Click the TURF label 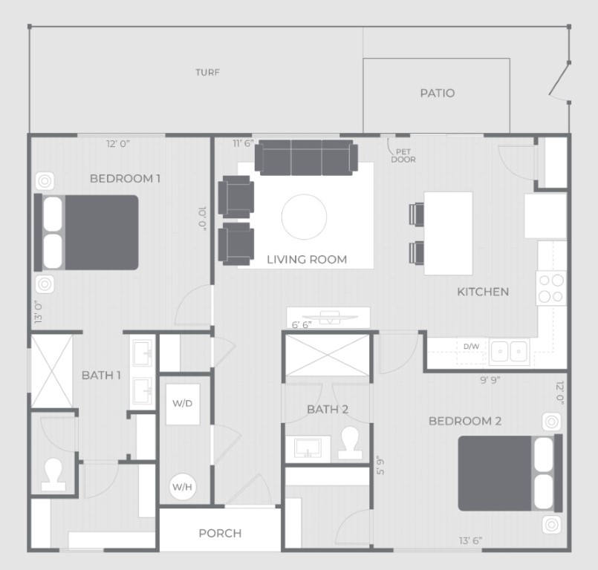click(207, 73)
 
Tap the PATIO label click(438, 93)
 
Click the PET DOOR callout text click(403, 156)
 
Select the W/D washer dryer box click(183, 404)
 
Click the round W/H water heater click(183, 487)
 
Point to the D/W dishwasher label click(472, 347)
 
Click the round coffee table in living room click(304, 217)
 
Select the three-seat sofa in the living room click(306, 157)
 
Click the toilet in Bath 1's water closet click(53, 475)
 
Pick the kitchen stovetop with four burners click(551, 288)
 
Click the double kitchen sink click(509, 351)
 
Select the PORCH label click(220, 533)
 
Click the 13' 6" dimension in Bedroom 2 click(470, 540)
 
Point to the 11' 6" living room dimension click(244, 144)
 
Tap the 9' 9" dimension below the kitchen click(490, 380)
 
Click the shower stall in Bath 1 click(52, 371)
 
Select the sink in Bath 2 click(308, 448)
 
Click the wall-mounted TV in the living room click(330, 317)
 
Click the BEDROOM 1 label click(125, 178)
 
